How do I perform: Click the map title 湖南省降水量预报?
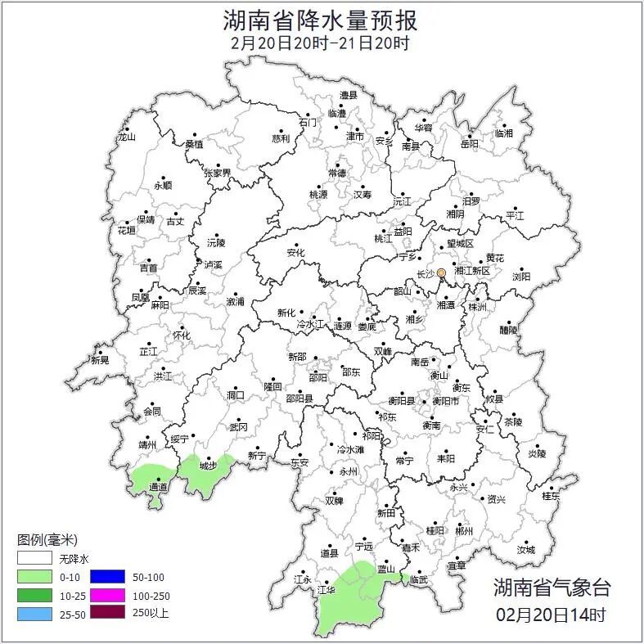pyautogui.click(x=320, y=20)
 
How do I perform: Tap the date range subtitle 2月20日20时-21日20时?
pyautogui.click(x=320, y=43)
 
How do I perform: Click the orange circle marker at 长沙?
pyautogui.click(x=441, y=272)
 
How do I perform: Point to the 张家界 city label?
pyautogui.click(x=218, y=173)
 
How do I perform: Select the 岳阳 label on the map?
pyautogui.click(x=469, y=145)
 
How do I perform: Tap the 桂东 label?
pyautogui.click(x=551, y=496)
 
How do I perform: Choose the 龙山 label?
pyautogui.click(x=126, y=137)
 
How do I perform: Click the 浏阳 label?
pyautogui.click(x=521, y=277)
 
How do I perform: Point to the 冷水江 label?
pyautogui.click(x=308, y=326)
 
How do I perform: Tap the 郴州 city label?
pyautogui.click(x=464, y=531)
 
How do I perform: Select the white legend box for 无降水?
pyautogui.click(x=34, y=559)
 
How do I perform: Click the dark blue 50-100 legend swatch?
pyautogui.click(x=107, y=577)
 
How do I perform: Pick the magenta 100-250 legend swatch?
pyautogui.click(x=107, y=595)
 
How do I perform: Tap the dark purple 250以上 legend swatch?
pyautogui.click(x=107, y=613)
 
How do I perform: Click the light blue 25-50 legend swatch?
pyautogui.click(x=34, y=613)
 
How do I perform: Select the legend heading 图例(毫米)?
pyautogui.click(x=47, y=540)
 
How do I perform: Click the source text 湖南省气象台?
pyautogui.click(x=552, y=588)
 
